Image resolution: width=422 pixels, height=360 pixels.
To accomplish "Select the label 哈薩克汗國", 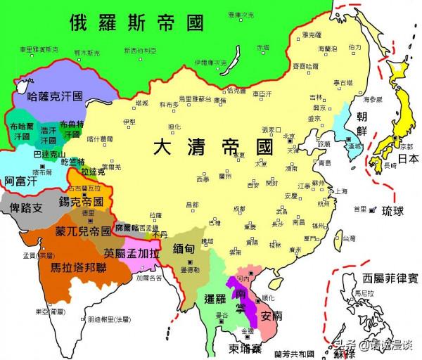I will [56, 98].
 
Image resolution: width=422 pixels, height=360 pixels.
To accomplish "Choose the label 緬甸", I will [188, 248].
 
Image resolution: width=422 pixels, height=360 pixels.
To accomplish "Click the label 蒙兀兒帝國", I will [83, 231].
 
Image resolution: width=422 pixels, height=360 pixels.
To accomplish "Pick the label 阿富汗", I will [19, 181].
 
